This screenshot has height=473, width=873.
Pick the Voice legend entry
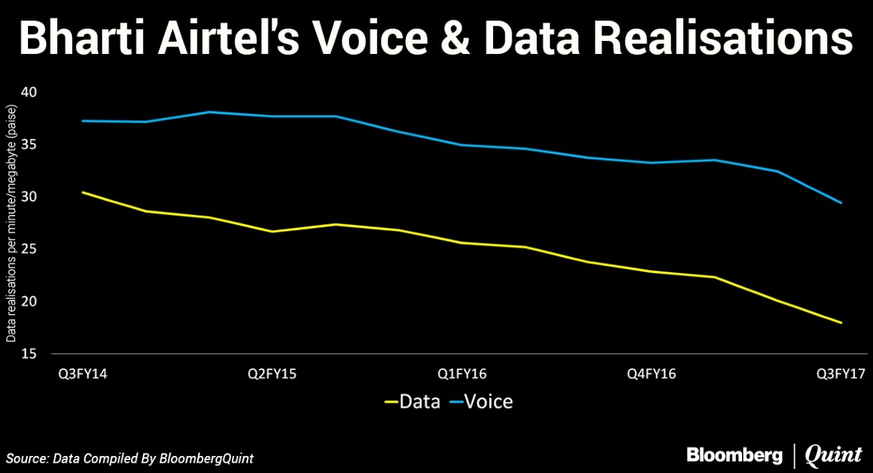tap(480, 401)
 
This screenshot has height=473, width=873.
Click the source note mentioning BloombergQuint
tap(130, 458)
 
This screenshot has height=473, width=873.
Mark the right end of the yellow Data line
tap(842, 323)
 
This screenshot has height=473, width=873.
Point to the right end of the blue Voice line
tap(842, 203)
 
